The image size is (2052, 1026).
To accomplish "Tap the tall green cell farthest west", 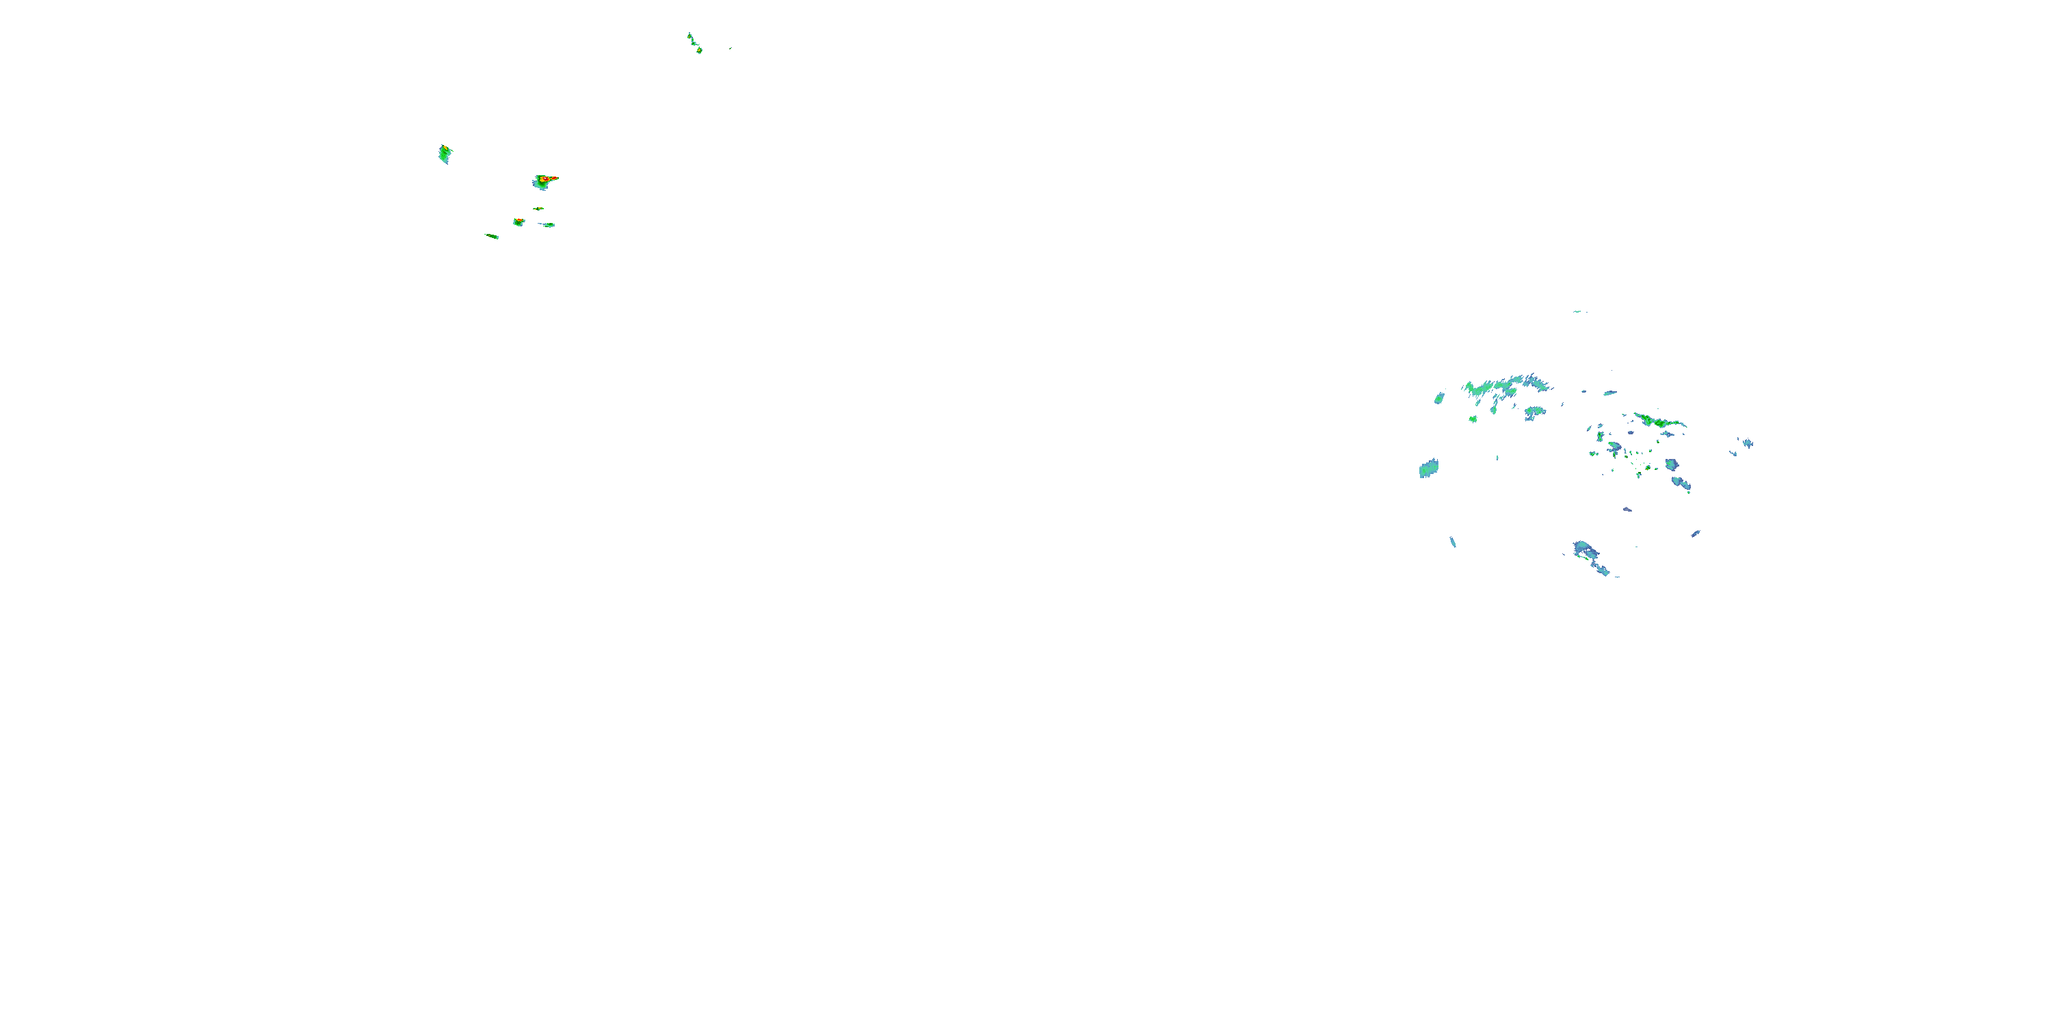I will pyautogui.click(x=445, y=154).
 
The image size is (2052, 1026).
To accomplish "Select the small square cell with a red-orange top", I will pyautogui.click(x=518, y=222).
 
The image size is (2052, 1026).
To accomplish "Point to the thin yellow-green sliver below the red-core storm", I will pyautogui.click(x=539, y=209).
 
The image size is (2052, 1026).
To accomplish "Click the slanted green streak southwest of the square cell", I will pyautogui.click(x=492, y=236).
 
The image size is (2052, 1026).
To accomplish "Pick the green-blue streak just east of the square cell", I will pyautogui.click(x=547, y=224).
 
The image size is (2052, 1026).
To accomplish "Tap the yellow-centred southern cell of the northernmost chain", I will pyautogui.click(x=698, y=50).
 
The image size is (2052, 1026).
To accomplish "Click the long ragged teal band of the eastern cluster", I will pyautogui.click(x=1505, y=386).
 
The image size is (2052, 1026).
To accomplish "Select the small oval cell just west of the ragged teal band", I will pyautogui.click(x=1439, y=397).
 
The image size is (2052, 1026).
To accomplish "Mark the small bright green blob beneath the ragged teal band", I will pyautogui.click(x=1473, y=418).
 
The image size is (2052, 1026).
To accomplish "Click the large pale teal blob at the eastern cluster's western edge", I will pyautogui.click(x=1428, y=469).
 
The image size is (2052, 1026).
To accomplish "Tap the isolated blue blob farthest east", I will pyautogui.click(x=1747, y=443).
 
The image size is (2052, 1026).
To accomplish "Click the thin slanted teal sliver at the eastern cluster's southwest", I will pyautogui.click(x=1453, y=542).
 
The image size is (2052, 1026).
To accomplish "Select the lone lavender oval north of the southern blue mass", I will pyautogui.click(x=1627, y=509).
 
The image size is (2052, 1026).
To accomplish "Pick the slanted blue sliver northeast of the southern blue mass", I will pyautogui.click(x=1696, y=533).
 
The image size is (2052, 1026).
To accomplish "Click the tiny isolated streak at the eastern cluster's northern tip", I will pyautogui.click(x=1579, y=311).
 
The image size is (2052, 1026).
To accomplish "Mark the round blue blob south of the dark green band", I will pyautogui.click(x=1672, y=464).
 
